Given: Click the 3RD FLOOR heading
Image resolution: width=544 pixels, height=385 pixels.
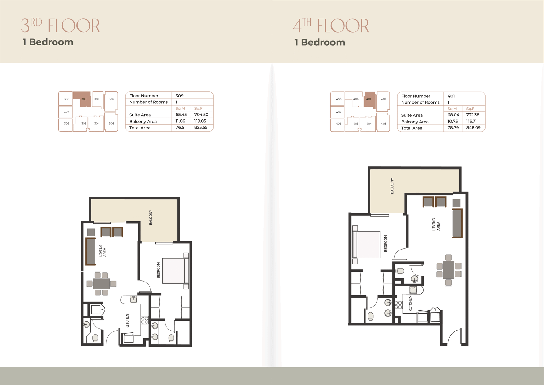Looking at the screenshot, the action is tap(61, 26).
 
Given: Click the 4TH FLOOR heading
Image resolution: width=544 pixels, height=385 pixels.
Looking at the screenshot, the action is tap(331, 26).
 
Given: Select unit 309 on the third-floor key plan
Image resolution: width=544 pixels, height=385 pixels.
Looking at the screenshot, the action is tap(84, 99).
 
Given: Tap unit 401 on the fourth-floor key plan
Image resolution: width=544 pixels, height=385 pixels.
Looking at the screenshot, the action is tap(369, 99).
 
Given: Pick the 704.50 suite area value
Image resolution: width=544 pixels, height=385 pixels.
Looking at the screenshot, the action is tap(201, 115).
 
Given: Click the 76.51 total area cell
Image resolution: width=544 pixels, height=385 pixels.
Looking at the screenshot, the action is tap(181, 127).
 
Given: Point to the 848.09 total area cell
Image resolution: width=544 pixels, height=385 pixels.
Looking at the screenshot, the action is tap(473, 127).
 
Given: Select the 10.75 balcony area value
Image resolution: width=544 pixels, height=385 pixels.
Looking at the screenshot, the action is tap(453, 121).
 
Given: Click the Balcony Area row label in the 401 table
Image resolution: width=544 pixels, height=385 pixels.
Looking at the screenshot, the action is tap(415, 122).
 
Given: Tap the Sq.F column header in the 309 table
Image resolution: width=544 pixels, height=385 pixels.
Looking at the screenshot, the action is tap(198, 109).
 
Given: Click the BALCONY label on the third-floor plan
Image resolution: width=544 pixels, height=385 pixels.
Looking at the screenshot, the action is tap(151, 218).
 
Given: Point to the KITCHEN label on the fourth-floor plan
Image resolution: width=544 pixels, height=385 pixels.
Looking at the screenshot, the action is tap(410, 304).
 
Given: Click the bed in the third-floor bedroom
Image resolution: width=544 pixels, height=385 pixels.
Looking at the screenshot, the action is tap(175, 271).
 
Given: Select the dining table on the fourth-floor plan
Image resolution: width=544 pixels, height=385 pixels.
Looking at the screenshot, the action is tap(448, 270).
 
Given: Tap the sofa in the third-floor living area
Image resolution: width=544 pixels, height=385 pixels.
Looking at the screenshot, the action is tap(90, 251).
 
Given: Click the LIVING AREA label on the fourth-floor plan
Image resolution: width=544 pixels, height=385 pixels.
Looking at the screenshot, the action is tap(436, 224).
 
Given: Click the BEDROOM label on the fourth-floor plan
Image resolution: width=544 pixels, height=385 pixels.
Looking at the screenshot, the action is tap(385, 243).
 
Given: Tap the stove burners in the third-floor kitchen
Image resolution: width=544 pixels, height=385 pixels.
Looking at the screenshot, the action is tap(144, 320).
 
